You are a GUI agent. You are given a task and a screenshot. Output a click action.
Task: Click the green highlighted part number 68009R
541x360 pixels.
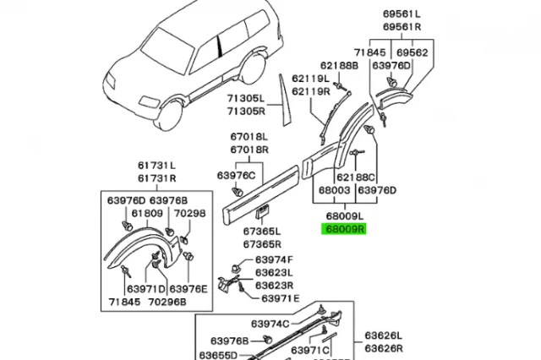pyautogui.click(x=342, y=228)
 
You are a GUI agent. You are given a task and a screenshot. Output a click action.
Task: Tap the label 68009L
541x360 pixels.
pyautogui.click(x=342, y=216)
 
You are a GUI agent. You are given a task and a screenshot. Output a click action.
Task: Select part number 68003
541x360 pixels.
pyautogui.click(x=332, y=190)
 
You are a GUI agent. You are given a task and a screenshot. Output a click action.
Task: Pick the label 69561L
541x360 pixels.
pyautogui.click(x=401, y=14)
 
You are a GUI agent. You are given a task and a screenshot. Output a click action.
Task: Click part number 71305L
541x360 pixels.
pyautogui.click(x=245, y=99)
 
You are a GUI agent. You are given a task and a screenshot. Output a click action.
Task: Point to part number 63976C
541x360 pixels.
pyautogui.click(x=236, y=175)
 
